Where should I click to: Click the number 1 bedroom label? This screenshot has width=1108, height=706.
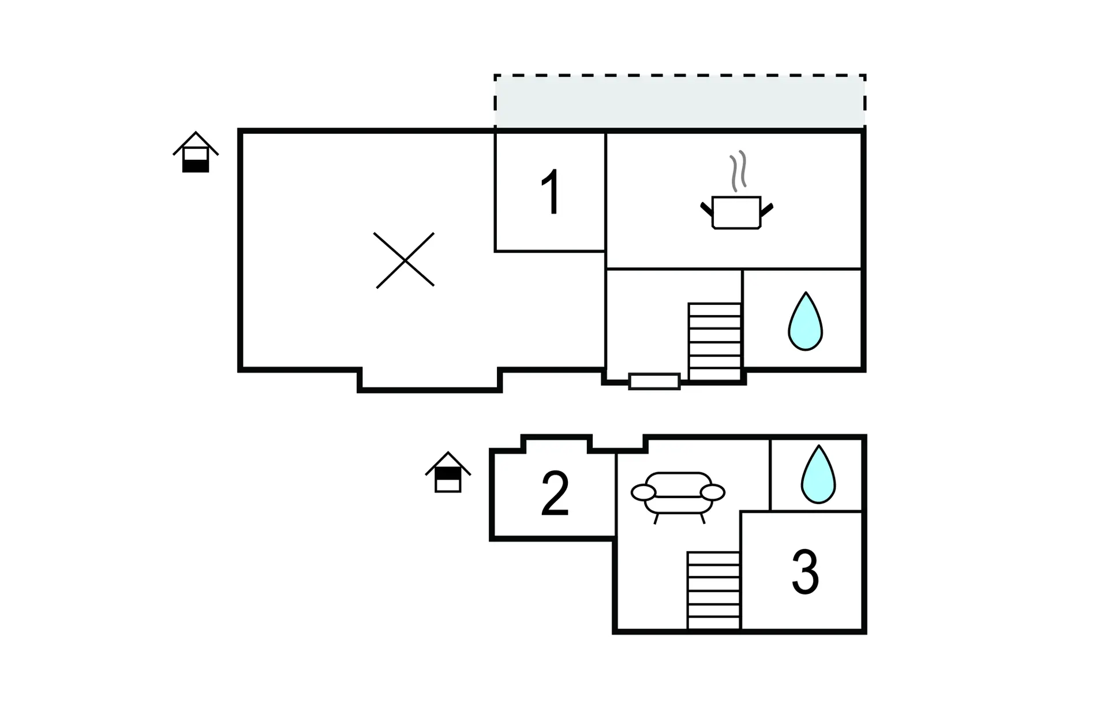[x=551, y=192]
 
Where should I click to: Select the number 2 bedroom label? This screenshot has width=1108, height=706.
[x=555, y=494]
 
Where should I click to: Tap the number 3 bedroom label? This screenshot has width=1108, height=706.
[x=805, y=571]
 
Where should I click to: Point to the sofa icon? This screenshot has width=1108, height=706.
[x=678, y=495]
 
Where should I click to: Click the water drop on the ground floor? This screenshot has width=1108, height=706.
[x=805, y=322]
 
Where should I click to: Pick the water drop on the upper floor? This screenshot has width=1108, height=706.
[x=818, y=474]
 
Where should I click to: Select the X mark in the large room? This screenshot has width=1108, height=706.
[x=405, y=260]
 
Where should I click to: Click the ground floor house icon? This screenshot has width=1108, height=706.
[x=196, y=152]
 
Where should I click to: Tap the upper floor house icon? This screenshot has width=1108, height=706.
[x=448, y=472]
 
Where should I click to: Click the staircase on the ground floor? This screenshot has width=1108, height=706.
[x=714, y=342]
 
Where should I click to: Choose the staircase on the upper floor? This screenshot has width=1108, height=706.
[x=714, y=591]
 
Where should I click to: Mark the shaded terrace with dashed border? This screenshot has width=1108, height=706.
[x=680, y=101]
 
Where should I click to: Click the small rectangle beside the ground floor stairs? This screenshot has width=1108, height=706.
[x=654, y=382]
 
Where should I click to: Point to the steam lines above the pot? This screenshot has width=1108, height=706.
[x=738, y=171]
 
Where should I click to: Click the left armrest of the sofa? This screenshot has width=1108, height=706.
[x=643, y=492]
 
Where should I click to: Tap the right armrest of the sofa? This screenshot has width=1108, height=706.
[x=713, y=492]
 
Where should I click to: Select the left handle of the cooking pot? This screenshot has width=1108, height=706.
[x=706, y=209]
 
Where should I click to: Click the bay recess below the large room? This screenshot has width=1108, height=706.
[x=430, y=380]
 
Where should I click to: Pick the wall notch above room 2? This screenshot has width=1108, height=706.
[x=557, y=444]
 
